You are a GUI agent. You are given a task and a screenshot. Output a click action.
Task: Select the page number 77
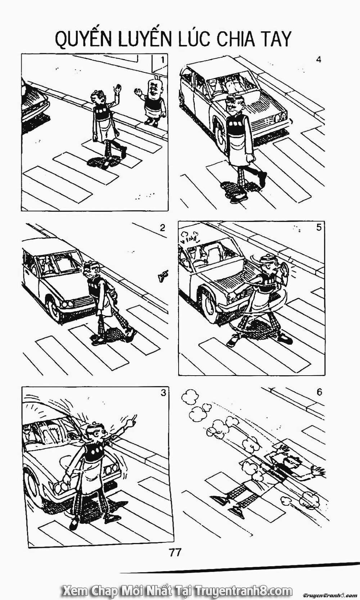(175, 552)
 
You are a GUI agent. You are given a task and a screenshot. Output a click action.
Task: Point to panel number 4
(318, 59)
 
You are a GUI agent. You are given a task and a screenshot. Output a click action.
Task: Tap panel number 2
(162, 228)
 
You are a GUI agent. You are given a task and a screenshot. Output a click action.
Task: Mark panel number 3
(163, 393)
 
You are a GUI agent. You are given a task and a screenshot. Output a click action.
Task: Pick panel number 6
(319, 393)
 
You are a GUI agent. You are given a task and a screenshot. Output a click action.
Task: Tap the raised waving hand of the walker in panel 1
(118, 89)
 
